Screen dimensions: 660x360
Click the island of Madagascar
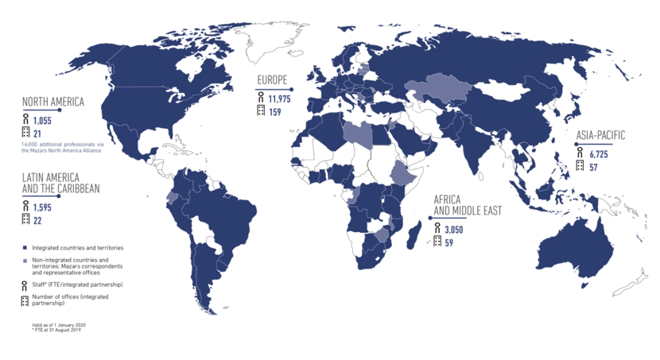click(x=415, y=231)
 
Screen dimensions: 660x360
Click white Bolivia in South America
click(x=204, y=230)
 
